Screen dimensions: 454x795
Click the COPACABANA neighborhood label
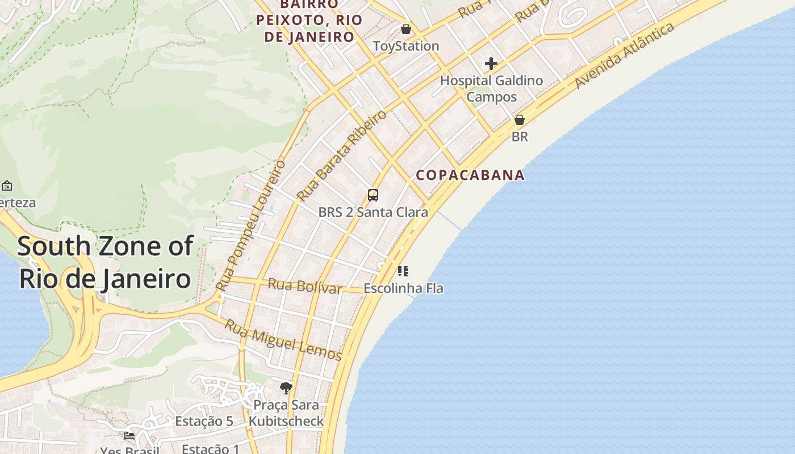click(x=470, y=175)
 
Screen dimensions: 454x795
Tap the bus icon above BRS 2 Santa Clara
click(x=373, y=195)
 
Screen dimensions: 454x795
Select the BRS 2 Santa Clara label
click(x=373, y=212)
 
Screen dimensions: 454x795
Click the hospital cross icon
click(x=491, y=64)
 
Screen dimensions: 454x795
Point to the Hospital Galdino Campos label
click(x=492, y=89)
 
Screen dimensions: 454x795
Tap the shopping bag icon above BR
click(x=519, y=120)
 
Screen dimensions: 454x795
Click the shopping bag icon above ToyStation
click(x=405, y=28)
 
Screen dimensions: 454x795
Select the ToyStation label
click(x=406, y=46)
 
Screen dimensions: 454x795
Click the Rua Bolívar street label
click(x=305, y=285)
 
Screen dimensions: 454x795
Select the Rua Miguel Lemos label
click(x=283, y=340)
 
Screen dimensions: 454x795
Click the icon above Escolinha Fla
click(x=403, y=271)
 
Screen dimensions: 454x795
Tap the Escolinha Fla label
click(x=403, y=288)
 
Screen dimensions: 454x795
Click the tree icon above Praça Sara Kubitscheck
click(x=286, y=388)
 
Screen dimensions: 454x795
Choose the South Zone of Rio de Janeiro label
click(x=105, y=263)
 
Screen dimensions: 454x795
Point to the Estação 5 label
click(x=204, y=421)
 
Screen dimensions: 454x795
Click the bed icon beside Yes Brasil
click(x=129, y=436)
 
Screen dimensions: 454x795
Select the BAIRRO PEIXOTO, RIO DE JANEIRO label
click(x=309, y=20)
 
